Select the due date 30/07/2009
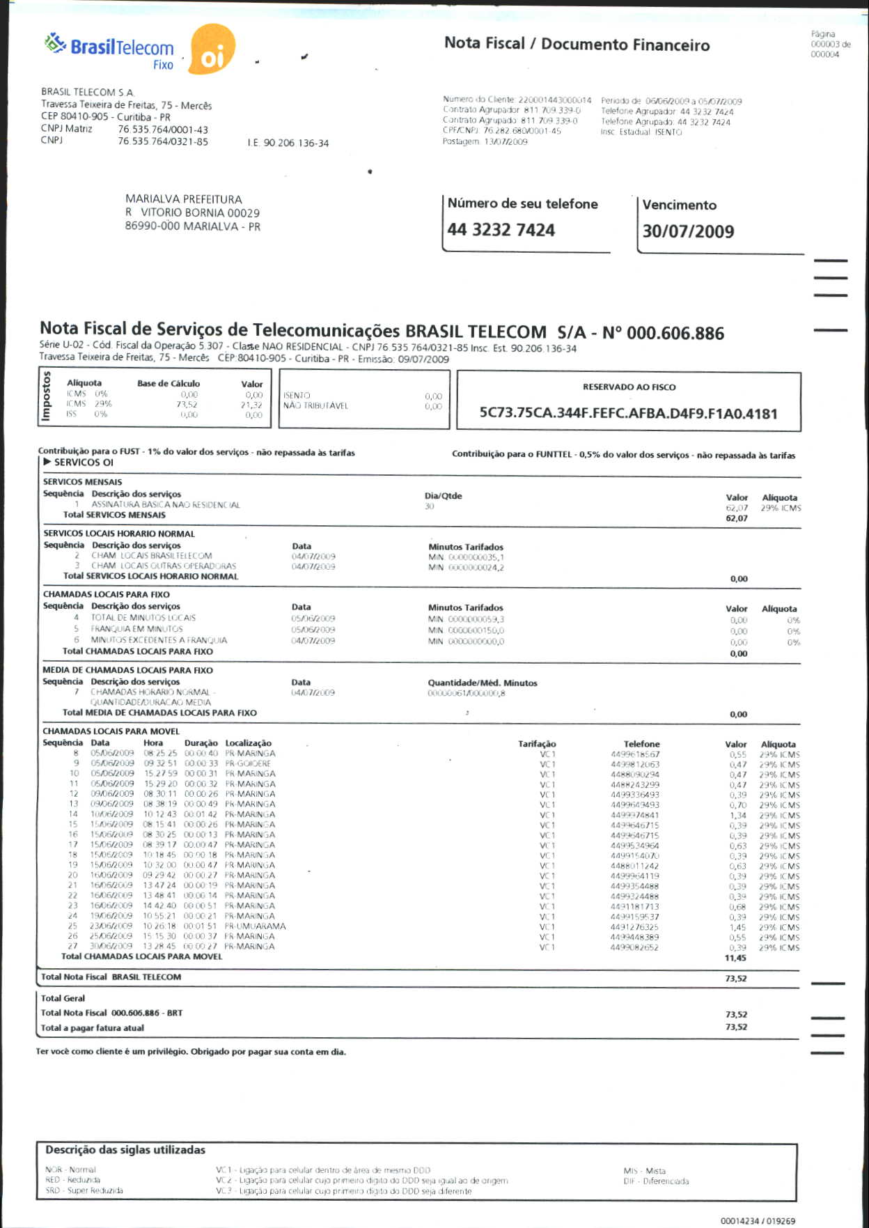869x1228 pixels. pos(688,231)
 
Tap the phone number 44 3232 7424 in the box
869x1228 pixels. pos(501,230)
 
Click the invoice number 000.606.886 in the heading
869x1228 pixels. pos(675,333)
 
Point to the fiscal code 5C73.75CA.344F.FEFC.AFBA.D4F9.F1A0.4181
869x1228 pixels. pos(628,413)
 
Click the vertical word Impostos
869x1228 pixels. pos(47,396)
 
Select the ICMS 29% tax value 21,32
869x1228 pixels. pos(251,405)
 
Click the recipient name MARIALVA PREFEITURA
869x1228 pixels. pos(184,199)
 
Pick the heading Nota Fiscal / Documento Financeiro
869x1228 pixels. pos(577,44)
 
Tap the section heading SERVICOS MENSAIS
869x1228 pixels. pos(82,482)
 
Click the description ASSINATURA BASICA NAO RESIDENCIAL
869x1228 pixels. pos(166,504)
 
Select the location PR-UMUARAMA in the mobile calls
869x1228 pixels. pos(255,926)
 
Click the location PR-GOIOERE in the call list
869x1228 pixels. pos(248,763)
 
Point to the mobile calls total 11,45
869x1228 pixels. pos(735,958)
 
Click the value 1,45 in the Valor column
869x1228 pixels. pos(737,927)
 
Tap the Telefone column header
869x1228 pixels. pos(641,744)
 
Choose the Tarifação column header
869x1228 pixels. pos(537,744)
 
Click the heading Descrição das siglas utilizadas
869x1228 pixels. pos(125,1150)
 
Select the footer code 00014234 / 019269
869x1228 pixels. pos(758,1221)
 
